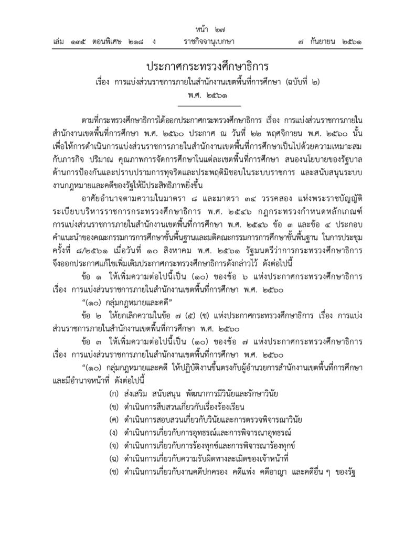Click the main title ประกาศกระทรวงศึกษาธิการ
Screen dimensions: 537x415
pos(207,67)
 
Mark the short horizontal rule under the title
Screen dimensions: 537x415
pos(208,106)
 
